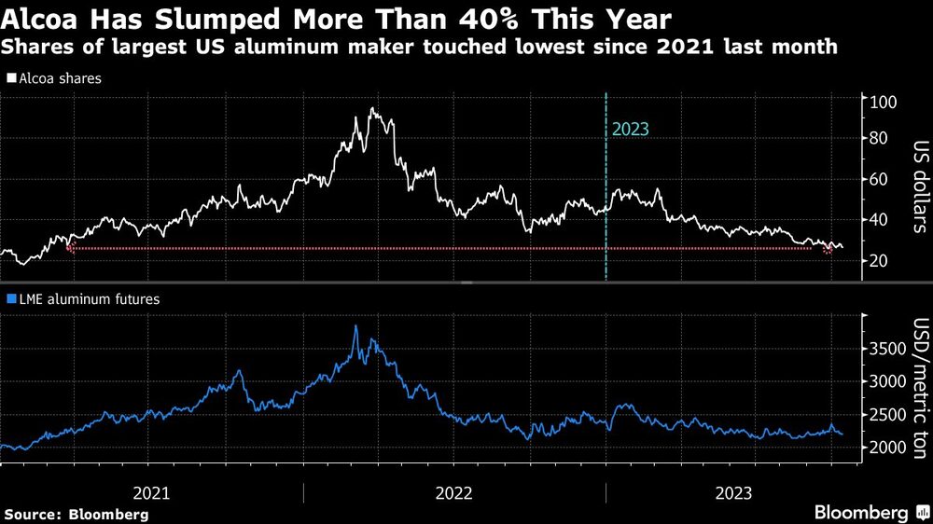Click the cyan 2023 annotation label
pos(630,130)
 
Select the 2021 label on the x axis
pos(151,491)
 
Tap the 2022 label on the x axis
pos(453,491)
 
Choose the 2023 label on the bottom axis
pos(735,491)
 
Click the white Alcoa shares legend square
pos(10,79)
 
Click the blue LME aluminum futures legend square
pos(10,299)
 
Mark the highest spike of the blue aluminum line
pos(355,326)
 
